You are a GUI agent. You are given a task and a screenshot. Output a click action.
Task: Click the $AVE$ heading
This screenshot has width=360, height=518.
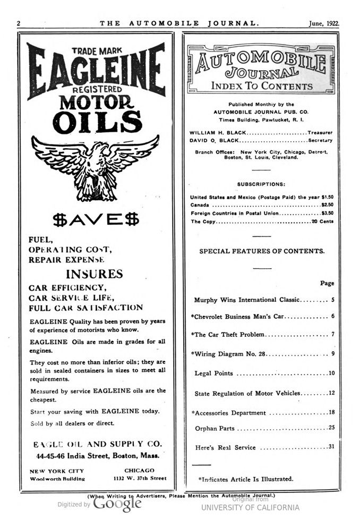click(x=96, y=219)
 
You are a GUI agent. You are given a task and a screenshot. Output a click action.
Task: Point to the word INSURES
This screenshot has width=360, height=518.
click(x=94, y=274)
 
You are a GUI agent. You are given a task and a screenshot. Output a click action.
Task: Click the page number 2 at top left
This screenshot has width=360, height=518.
click(x=19, y=23)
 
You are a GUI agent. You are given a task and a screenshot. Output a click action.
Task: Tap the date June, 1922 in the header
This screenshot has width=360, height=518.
click(x=324, y=23)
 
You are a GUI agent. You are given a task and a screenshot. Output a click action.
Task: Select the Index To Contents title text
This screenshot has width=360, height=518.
click(x=262, y=86)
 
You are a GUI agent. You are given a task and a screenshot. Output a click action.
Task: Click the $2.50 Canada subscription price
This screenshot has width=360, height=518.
click(x=327, y=204)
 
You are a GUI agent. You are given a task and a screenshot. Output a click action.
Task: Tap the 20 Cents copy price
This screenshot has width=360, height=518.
click(x=322, y=221)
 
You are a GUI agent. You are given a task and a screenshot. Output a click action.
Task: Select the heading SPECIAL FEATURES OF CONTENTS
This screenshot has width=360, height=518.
click(x=262, y=251)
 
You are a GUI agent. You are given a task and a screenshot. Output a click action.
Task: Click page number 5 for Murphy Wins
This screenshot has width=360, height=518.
click(x=332, y=300)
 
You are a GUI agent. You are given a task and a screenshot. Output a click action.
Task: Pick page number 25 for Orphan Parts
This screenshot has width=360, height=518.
click(x=331, y=428)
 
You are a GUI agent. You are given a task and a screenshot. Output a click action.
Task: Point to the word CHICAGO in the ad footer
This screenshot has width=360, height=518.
click(x=139, y=470)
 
